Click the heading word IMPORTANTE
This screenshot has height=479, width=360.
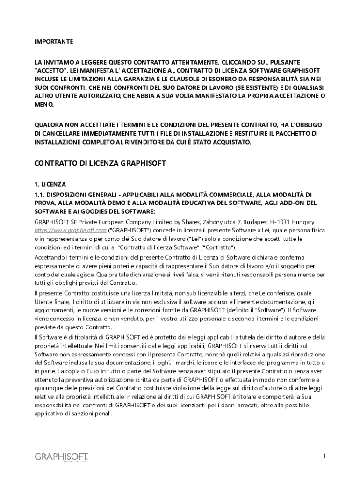click(x=54, y=42)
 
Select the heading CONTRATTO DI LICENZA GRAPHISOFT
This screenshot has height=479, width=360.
click(x=101, y=164)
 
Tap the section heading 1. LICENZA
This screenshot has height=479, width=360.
click(x=50, y=184)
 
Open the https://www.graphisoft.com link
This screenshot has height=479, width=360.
click(x=71, y=230)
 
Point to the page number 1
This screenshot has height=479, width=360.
click(x=324, y=456)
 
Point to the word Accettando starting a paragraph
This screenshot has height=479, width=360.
click(x=50, y=258)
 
